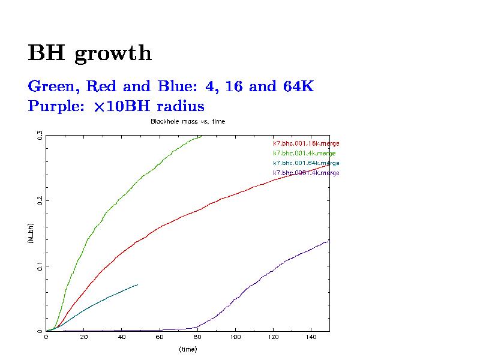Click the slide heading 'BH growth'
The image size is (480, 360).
(90, 53)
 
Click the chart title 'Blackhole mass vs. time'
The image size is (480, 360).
(187, 121)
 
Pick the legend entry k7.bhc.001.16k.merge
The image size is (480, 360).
(306, 143)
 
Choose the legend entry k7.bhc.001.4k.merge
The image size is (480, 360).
(304, 153)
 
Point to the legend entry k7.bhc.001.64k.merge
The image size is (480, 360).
(306, 163)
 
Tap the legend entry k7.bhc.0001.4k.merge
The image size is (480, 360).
(306, 173)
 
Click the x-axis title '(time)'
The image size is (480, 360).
(188, 349)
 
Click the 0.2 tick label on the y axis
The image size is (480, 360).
(40, 200)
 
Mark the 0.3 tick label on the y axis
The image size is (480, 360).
(40, 136)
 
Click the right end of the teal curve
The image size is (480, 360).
(137, 284)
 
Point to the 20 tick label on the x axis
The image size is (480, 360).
(84, 337)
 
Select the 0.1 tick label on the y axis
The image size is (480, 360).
(40, 265)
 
